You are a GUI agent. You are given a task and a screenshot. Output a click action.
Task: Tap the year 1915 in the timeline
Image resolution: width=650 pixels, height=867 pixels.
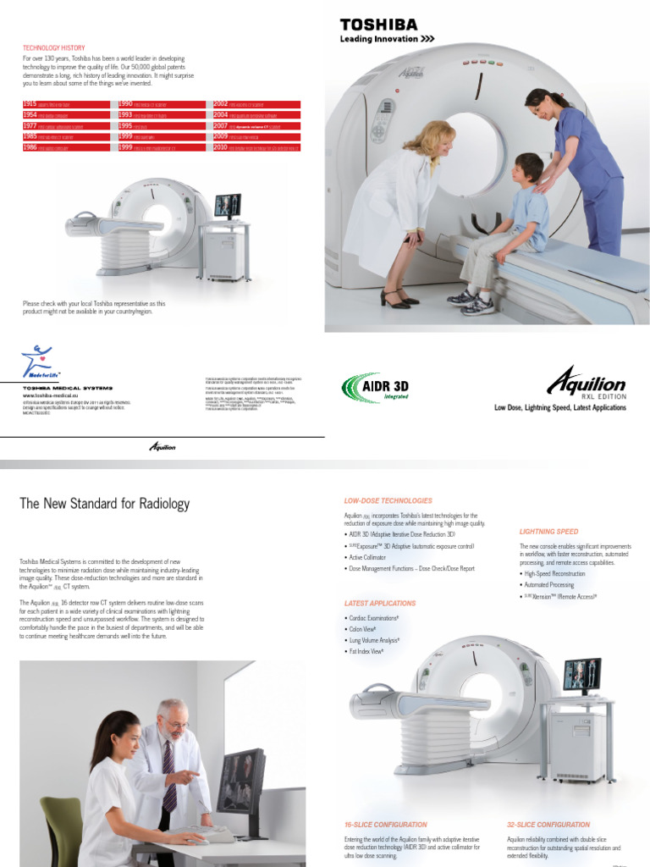[30, 104]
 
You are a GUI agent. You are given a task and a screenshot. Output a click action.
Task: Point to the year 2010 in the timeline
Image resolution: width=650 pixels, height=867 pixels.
[220, 147]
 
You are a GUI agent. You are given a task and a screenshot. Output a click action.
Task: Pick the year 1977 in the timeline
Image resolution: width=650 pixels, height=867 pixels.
[30, 125]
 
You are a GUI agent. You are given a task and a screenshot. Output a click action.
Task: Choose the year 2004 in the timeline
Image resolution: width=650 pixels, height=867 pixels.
[220, 114]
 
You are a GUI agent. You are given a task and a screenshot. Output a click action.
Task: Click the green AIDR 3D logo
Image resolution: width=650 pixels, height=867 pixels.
[372, 388]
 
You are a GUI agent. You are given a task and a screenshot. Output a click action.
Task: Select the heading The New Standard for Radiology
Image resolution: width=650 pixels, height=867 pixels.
[104, 504]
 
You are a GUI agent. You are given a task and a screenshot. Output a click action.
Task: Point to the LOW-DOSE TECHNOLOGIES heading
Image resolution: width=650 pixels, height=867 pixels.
[388, 501]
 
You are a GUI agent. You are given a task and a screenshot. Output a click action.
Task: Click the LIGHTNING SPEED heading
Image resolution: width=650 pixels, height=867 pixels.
[548, 532]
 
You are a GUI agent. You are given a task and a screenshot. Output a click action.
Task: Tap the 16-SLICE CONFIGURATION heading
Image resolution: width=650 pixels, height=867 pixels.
[385, 825]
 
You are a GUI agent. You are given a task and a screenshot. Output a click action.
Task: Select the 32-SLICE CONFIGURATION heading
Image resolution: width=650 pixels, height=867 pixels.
[559, 825]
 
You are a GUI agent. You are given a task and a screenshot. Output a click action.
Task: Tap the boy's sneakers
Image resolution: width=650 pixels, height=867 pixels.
[471, 301]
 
